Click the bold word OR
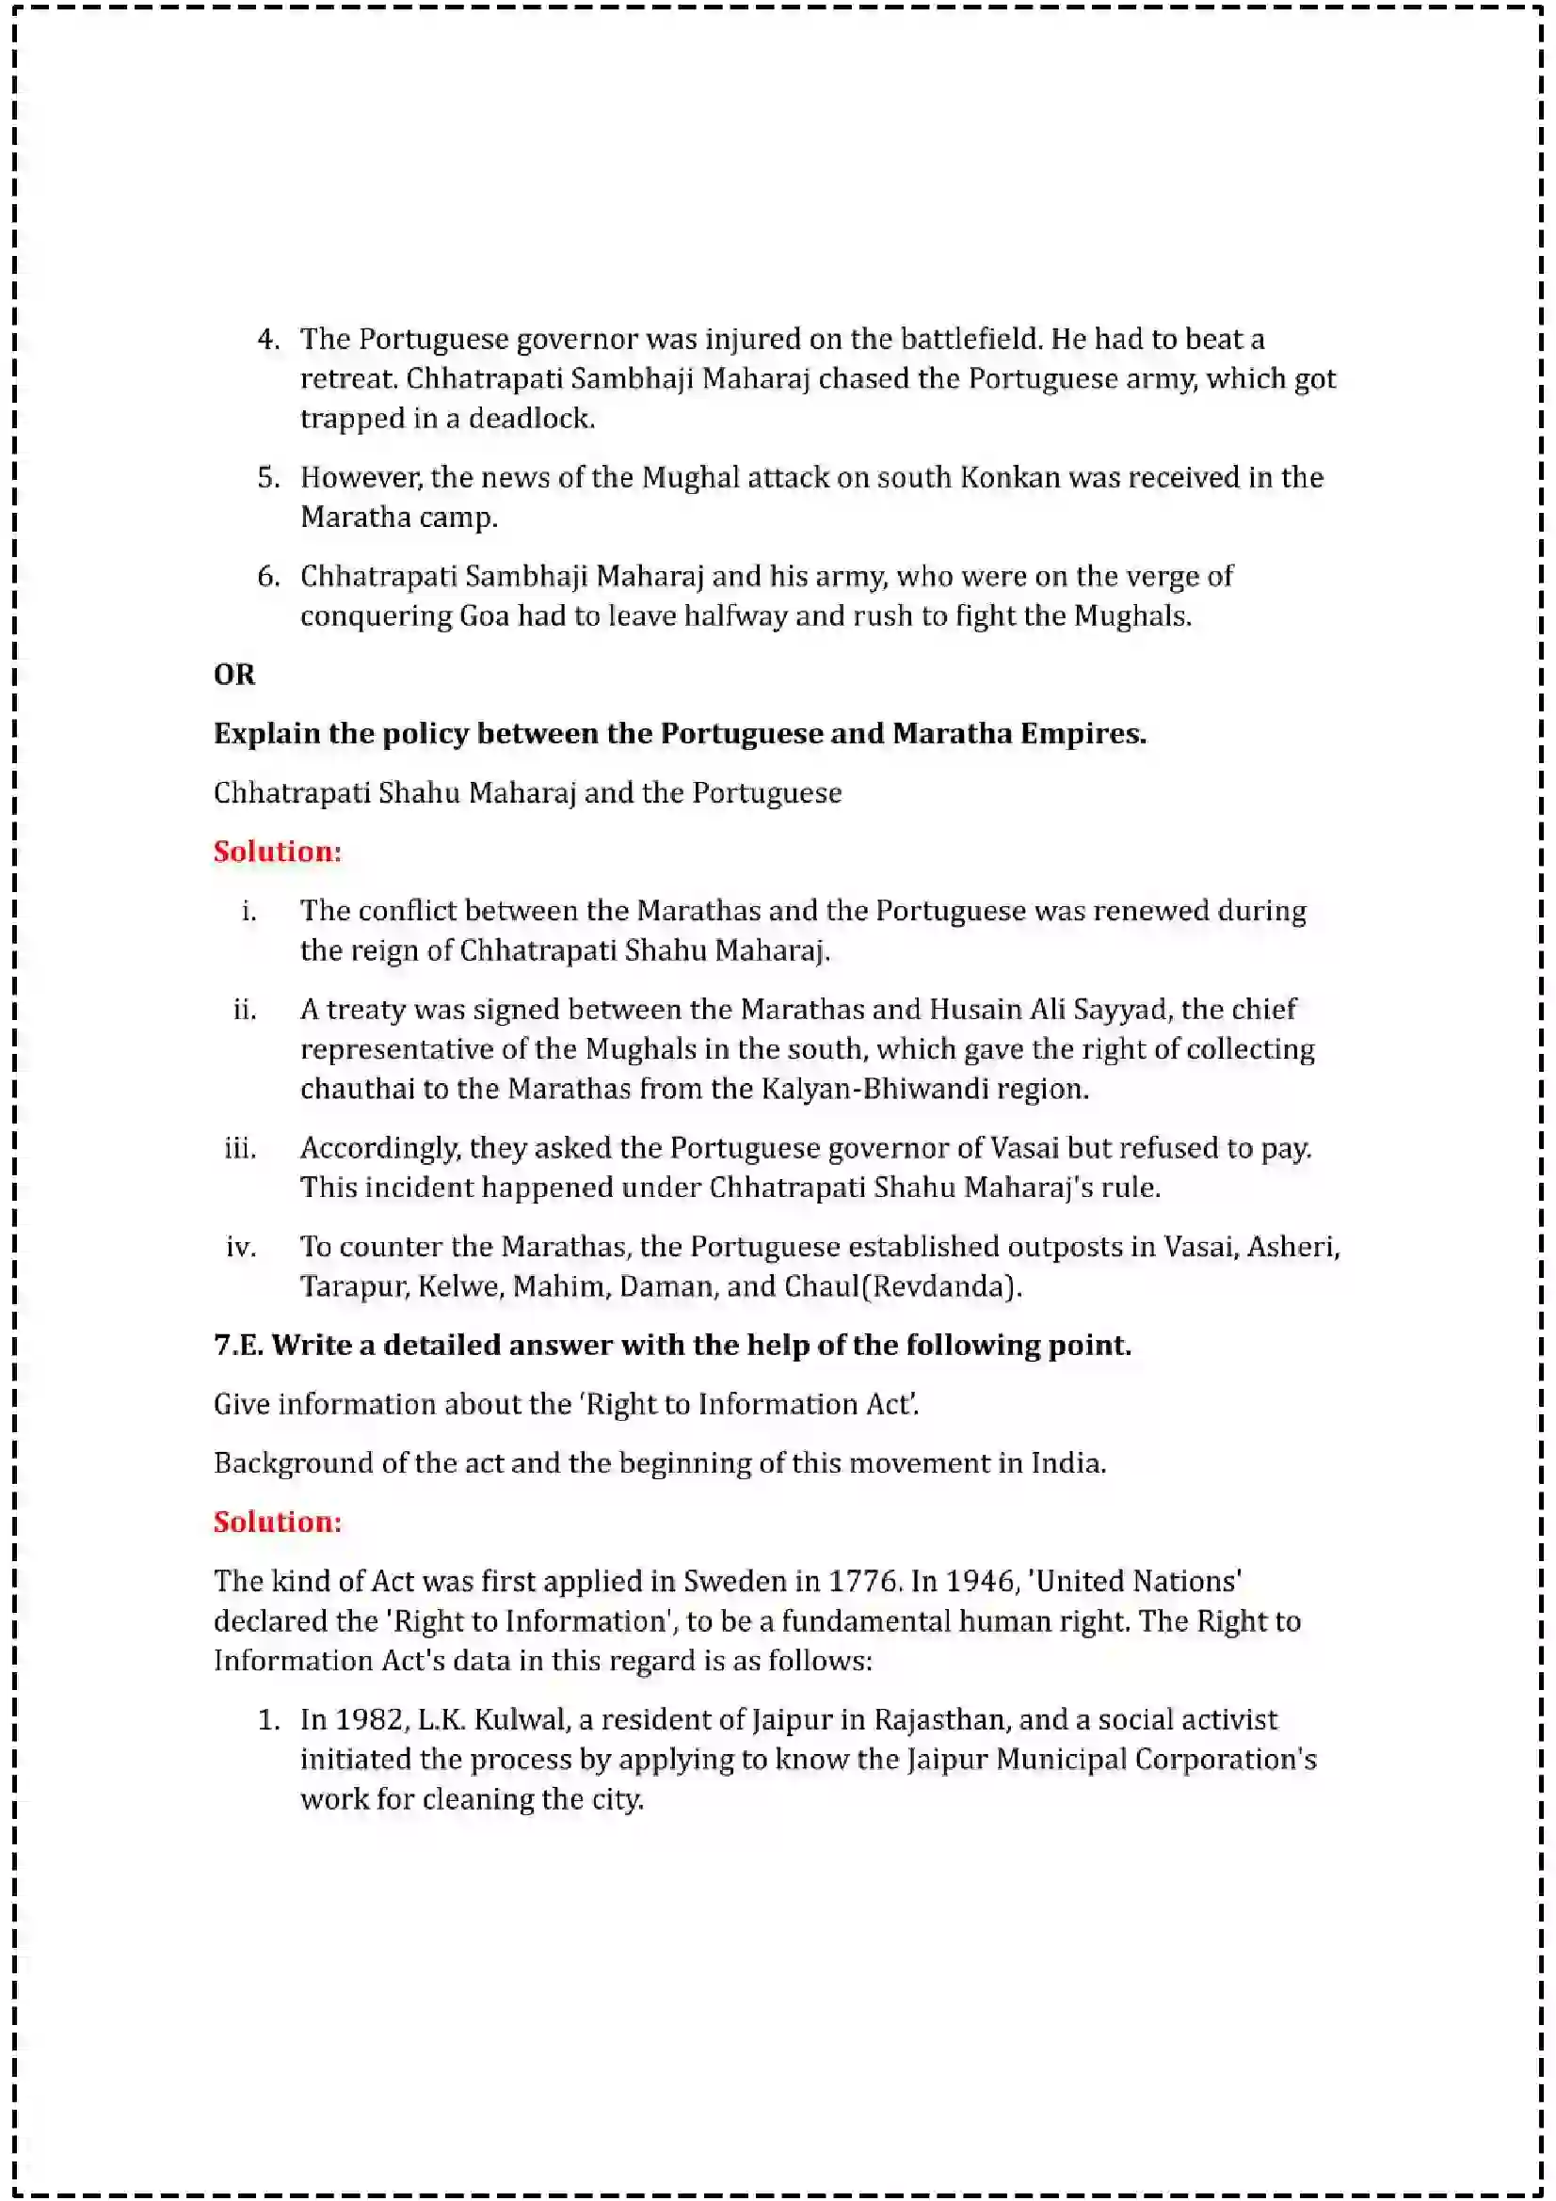tap(234, 675)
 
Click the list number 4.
tap(267, 340)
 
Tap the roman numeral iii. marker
tap(240, 1148)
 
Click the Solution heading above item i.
tap(277, 852)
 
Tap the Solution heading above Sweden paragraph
tap(277, 1522)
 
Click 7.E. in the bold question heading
tap(238, 1345)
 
